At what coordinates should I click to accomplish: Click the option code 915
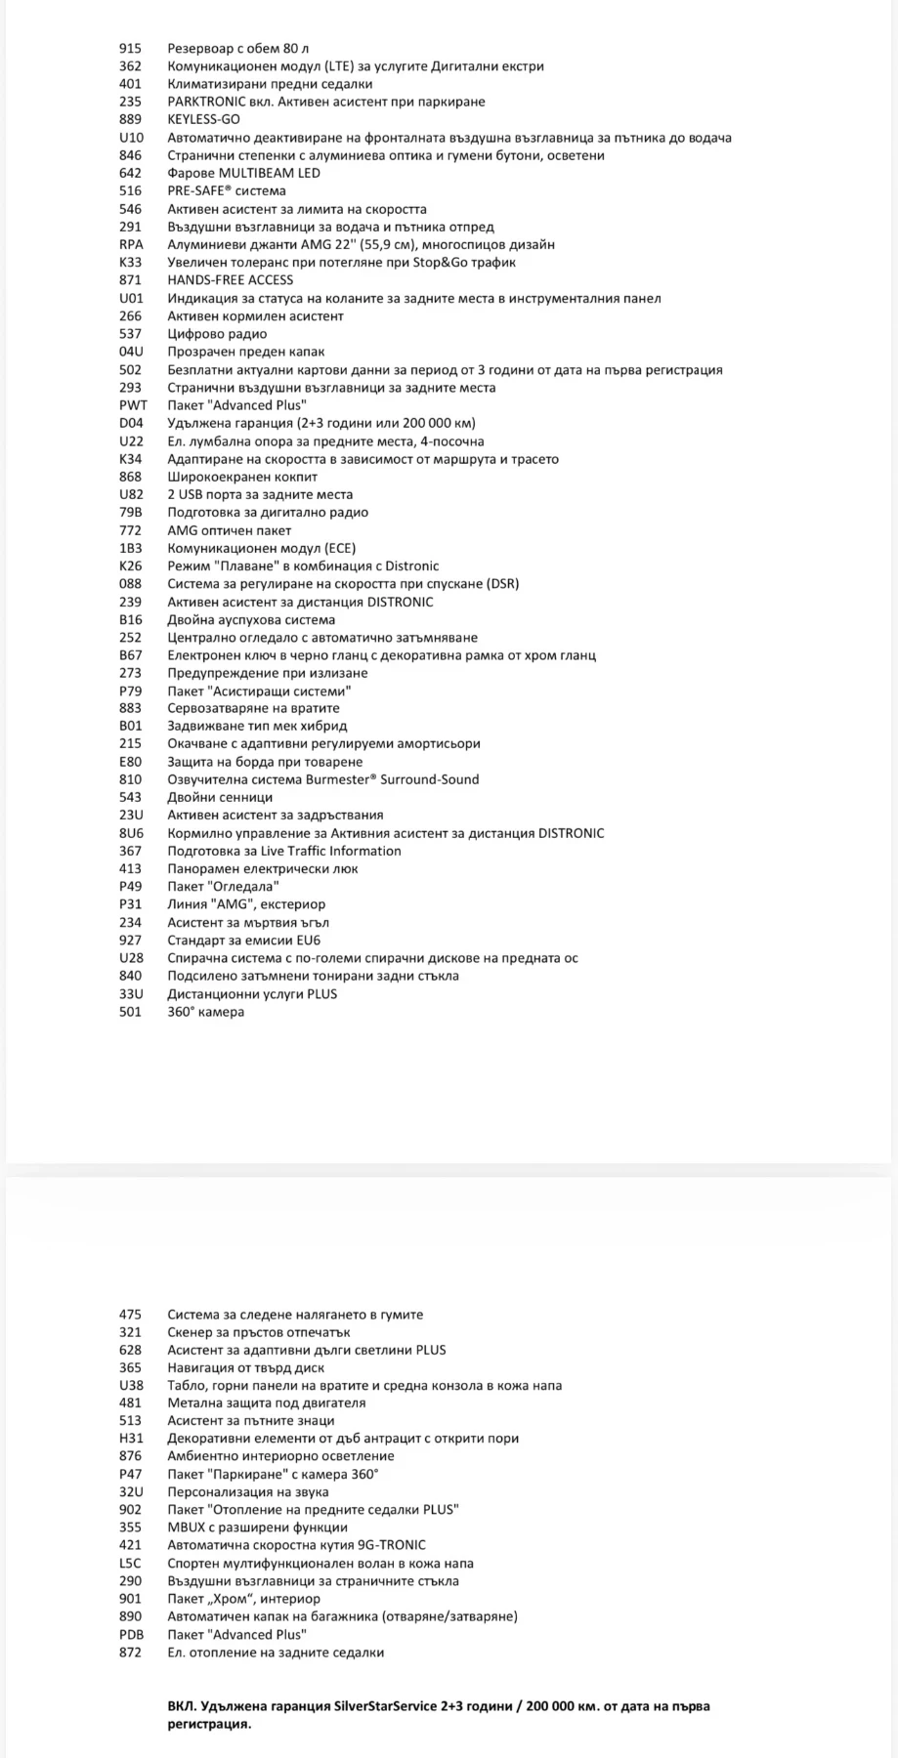click(x=130, y=48)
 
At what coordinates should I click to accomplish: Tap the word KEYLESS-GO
click(x=203, y=119)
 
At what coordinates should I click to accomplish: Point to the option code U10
click(x=131, y=138)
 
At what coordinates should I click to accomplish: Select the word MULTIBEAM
click(x=251, y=173)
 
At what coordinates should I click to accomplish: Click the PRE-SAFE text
click(x=199, y=190)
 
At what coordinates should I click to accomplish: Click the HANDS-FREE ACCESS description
click(x=230, y=280)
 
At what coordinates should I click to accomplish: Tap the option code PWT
click(x=133, y=405)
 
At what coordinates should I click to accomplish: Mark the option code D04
click(x=131, y=423)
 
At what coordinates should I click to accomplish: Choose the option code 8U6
click(x=131, y=833)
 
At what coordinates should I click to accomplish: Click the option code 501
click(x=130, y=1012)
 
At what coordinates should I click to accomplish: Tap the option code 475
click(x=130, y=1315)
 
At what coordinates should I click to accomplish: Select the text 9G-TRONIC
click(x=391, y=1545)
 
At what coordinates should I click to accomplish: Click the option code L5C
click(x=130, y=1563)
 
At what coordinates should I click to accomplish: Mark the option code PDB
click(x=131, y=1634)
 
